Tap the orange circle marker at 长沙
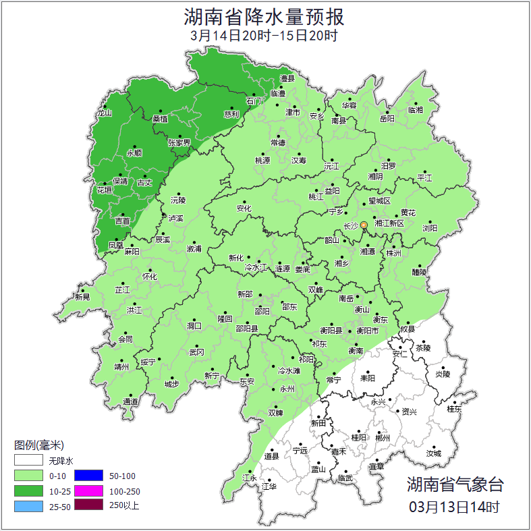[364, 225]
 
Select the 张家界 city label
[179, 143]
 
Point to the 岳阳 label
[387, 119]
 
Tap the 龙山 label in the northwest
[104, 113]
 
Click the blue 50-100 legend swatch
[88, 476]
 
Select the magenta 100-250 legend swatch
[88, 491]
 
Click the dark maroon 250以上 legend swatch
[88, 505]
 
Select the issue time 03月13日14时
[454, 506]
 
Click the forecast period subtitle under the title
[264, 36]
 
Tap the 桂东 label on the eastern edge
[455, 409]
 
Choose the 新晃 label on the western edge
[82, 297]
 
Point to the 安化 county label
[244, 208]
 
